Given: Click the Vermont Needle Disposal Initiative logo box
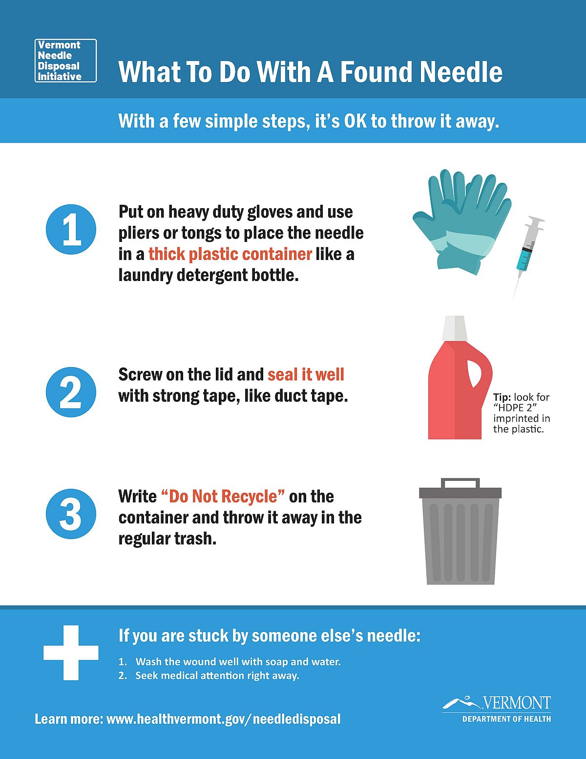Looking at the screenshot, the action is click(65, 61).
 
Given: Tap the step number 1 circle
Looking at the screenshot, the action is click(71, 230).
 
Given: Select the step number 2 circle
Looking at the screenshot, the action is click(71, 392).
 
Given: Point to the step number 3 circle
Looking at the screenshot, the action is click(71, 514).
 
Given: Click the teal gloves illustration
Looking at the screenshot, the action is click(462, 222).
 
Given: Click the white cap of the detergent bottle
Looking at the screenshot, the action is click(455, 328).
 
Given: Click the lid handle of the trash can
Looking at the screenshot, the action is click(460, 483).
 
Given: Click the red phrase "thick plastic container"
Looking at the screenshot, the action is click(230, 254).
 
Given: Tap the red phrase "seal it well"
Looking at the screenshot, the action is click(306, 374).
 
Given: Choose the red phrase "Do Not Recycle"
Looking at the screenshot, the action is click(223, 497).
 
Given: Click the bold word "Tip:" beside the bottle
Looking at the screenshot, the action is click(502, 397).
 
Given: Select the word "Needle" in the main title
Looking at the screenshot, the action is click(461, 72).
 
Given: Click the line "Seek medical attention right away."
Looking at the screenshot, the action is click(217, 675).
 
